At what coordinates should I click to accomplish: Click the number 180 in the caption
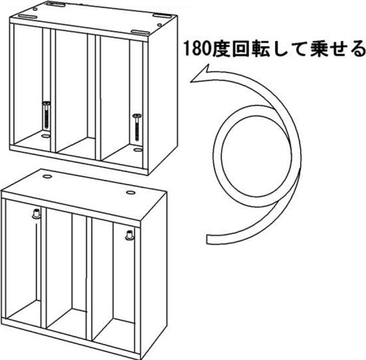(x=196, y=50)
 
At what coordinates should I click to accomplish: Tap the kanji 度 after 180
(x=220, y=49)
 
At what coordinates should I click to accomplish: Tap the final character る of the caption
(x=357, y=50)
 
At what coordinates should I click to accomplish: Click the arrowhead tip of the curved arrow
(x=190, y=81)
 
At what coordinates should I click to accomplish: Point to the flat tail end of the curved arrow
(x=207, y=239)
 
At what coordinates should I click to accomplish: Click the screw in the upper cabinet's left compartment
(x=46, y=116)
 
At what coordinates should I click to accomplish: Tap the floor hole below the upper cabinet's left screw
(x=45, y=137)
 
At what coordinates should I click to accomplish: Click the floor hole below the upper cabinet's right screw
(x=138, y=150)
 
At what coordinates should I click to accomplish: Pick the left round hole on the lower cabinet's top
(x=46, y=176)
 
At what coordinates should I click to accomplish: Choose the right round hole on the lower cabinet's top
(x=130, y=192)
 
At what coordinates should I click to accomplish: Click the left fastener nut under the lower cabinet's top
(x=36, y=214)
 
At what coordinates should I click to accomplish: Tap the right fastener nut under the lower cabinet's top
(x=129, y=235)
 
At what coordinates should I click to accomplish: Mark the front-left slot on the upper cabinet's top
(x=27, y=17)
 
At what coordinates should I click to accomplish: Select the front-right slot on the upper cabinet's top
(x=141, y=32)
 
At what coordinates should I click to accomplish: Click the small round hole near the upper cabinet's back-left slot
(x=35, y=9)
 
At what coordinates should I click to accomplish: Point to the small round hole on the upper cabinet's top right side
(x=160, y=25)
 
